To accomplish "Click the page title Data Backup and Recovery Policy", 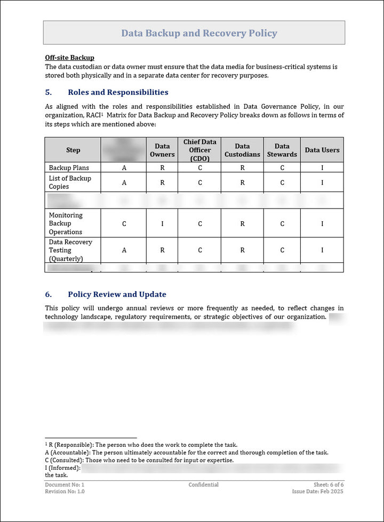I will (199, 33).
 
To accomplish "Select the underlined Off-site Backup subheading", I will (69, 58).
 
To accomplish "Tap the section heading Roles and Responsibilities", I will (118, 92).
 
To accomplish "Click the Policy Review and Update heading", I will (117, 294).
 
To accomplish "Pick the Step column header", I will (73, 150).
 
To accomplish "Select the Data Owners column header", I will (162, 150).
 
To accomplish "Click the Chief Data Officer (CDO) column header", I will (200, 150).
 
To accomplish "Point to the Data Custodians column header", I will (242, 150).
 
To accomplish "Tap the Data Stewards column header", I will (282, 150).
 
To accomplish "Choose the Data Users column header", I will (322, 150).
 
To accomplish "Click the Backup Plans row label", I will (69, 167).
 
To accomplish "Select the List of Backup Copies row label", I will (70, 182).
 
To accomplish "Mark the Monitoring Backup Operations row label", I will (66, 223).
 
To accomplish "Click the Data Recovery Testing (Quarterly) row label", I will (70, 250).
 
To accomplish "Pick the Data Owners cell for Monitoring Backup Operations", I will (162, 224).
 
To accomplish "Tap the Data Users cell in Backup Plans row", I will (322, 167).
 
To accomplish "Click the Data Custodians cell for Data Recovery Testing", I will (242, 250).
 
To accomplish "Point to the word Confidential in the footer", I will (203, 485).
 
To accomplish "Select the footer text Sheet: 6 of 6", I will (329, 485).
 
